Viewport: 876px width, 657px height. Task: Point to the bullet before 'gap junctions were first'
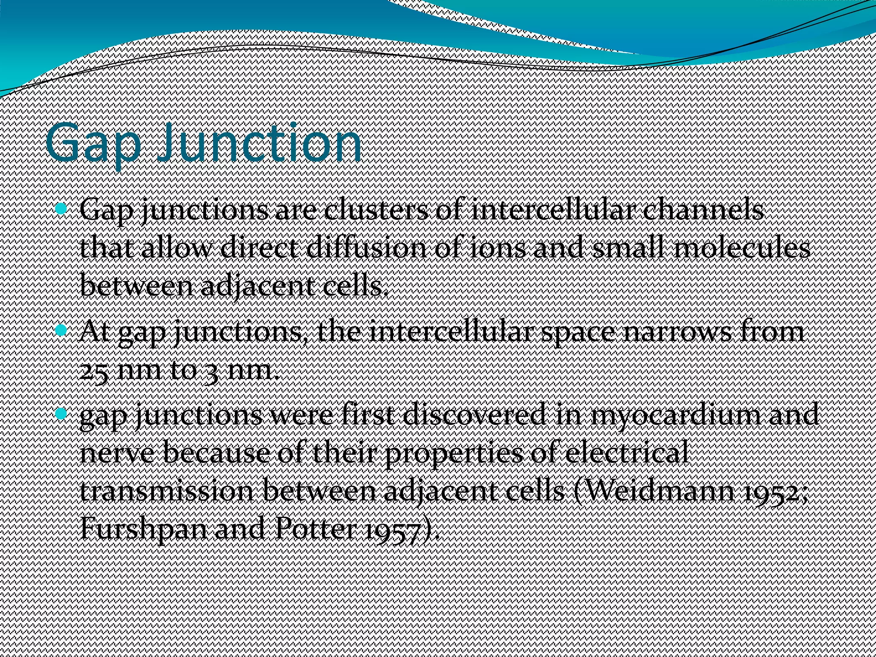(x=62, y=413)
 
